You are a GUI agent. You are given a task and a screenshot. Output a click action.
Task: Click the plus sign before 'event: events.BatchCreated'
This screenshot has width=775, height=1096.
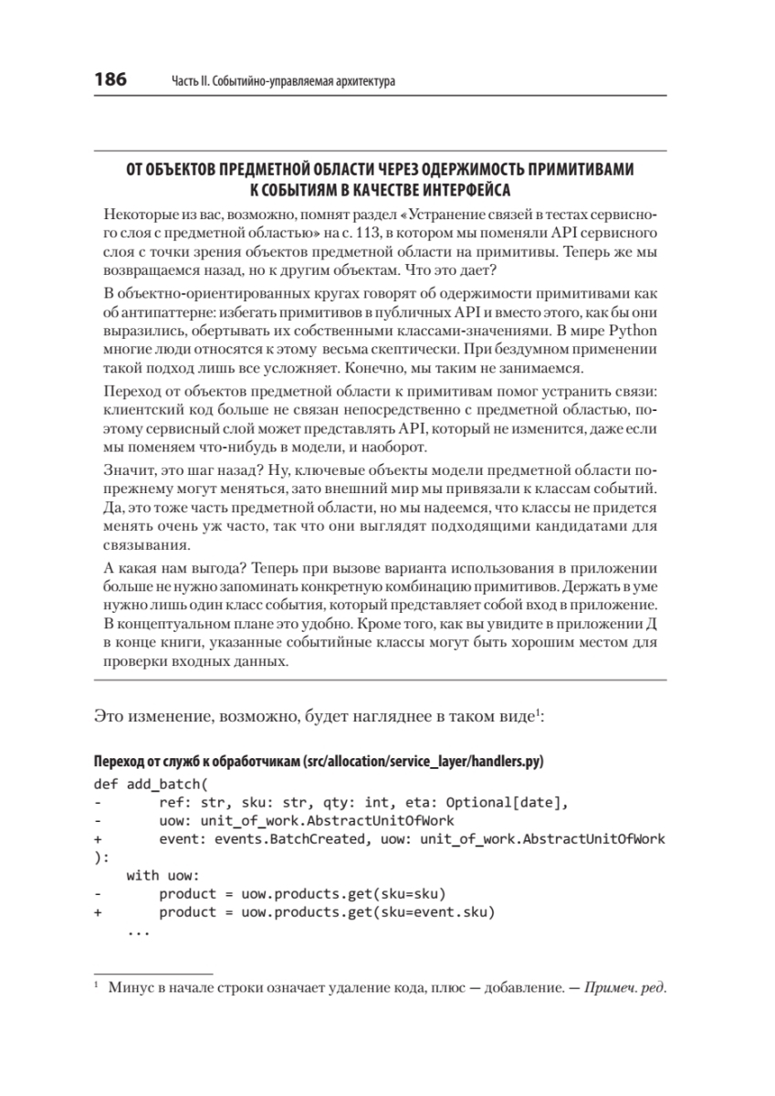pos(97,839)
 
